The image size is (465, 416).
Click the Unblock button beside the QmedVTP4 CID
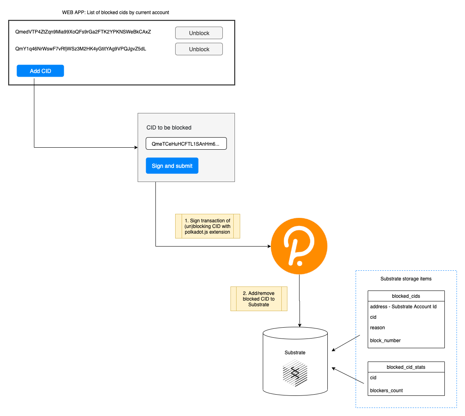(x=199, y=33)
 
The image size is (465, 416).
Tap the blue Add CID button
(x=40, y=71)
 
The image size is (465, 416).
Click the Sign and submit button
(x=172, y=166)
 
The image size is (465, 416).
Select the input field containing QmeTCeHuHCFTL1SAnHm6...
(x=186, y=144)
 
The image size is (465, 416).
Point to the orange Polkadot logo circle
(x=299, y=247)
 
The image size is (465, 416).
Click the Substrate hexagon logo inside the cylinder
(x=295, y=374)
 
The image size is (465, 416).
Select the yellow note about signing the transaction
(x=207, y=226)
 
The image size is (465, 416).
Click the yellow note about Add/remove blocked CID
(x=259, y=299)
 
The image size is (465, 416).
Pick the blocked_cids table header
(x=406, y=296)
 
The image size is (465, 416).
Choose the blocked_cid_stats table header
(x=406, y=367)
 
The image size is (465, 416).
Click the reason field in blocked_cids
(x=377, y=328)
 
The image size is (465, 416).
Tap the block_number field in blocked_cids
(x=385, y=340)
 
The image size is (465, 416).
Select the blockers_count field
(x=386, y=390)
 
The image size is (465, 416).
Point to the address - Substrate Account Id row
(x=403, y=307)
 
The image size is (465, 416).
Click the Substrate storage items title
(x=406, y=279)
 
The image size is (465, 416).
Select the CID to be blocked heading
(x=169, y=128)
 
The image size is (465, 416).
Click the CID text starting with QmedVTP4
(x=83, y=31)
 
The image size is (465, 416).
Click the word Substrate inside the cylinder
(x=295, y=352)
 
